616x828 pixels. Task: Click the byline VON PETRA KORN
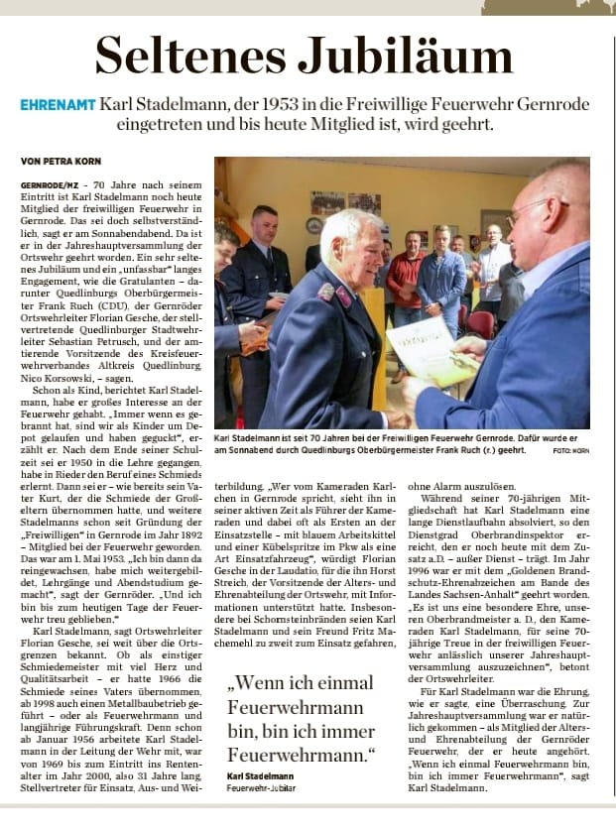click(x=59, y=160)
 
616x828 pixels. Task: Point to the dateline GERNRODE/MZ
click(x=51, y=185)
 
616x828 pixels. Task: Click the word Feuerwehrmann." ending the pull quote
click(x=308, y=756)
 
